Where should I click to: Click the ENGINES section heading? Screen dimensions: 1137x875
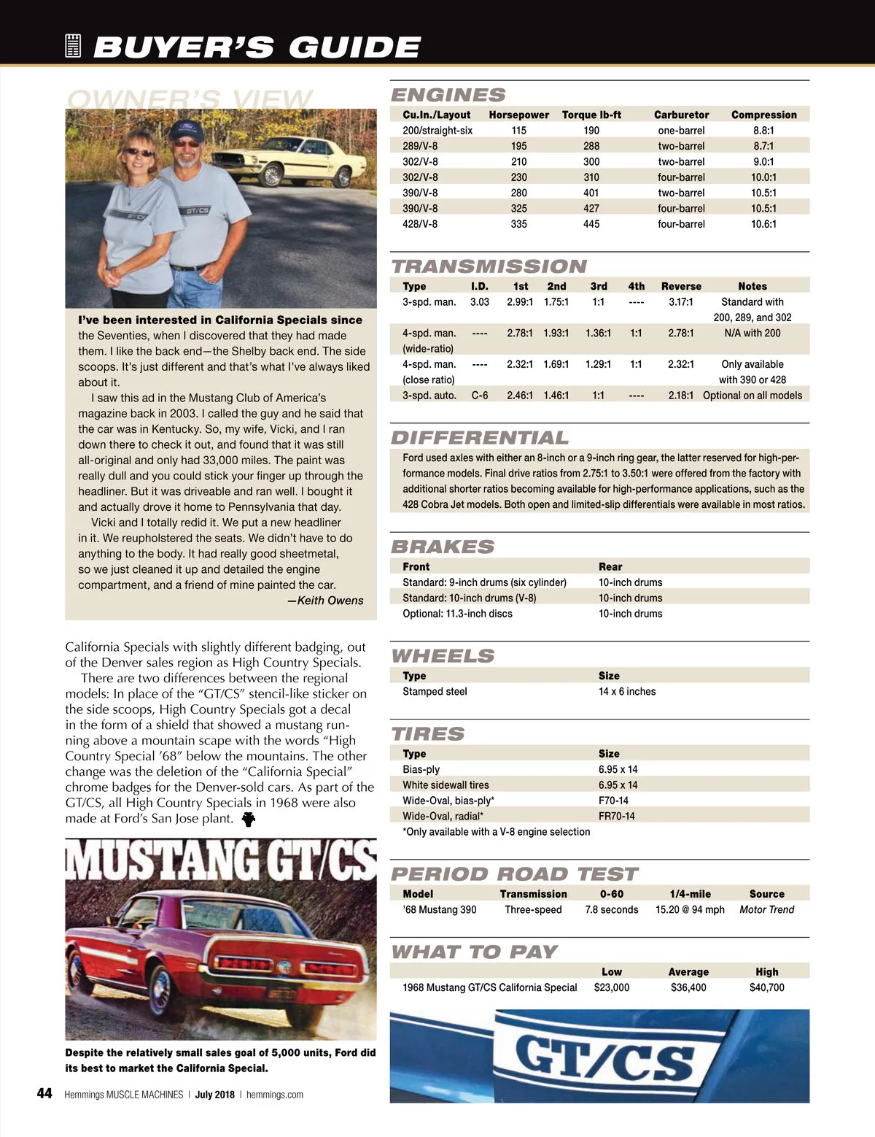point(448,95)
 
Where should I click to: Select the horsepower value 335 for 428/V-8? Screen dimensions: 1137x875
point(518,224)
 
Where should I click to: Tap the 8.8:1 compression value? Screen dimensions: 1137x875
point(763,131)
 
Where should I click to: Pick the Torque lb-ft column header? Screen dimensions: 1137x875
point(591,115)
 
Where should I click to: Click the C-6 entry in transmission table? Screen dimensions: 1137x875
point(480,396)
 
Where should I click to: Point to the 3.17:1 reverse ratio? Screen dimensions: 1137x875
point(681,302)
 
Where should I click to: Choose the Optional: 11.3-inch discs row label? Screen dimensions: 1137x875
point(457,614)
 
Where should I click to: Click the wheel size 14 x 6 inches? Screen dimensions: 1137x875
point(627,692)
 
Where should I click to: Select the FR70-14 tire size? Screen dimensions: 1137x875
point(616,817)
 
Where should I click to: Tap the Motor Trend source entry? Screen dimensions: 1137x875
point(766,910)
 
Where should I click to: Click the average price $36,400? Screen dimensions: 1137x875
point(688,988)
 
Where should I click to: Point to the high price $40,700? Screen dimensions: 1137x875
point(766,988)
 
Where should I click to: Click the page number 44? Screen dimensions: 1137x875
point(44,1093)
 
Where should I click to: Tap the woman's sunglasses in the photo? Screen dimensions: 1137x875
point(140,153)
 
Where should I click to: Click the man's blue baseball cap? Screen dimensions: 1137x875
point(185,131)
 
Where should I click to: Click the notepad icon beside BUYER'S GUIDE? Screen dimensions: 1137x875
point(73,46)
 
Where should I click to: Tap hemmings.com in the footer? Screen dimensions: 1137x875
point(275,1095)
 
